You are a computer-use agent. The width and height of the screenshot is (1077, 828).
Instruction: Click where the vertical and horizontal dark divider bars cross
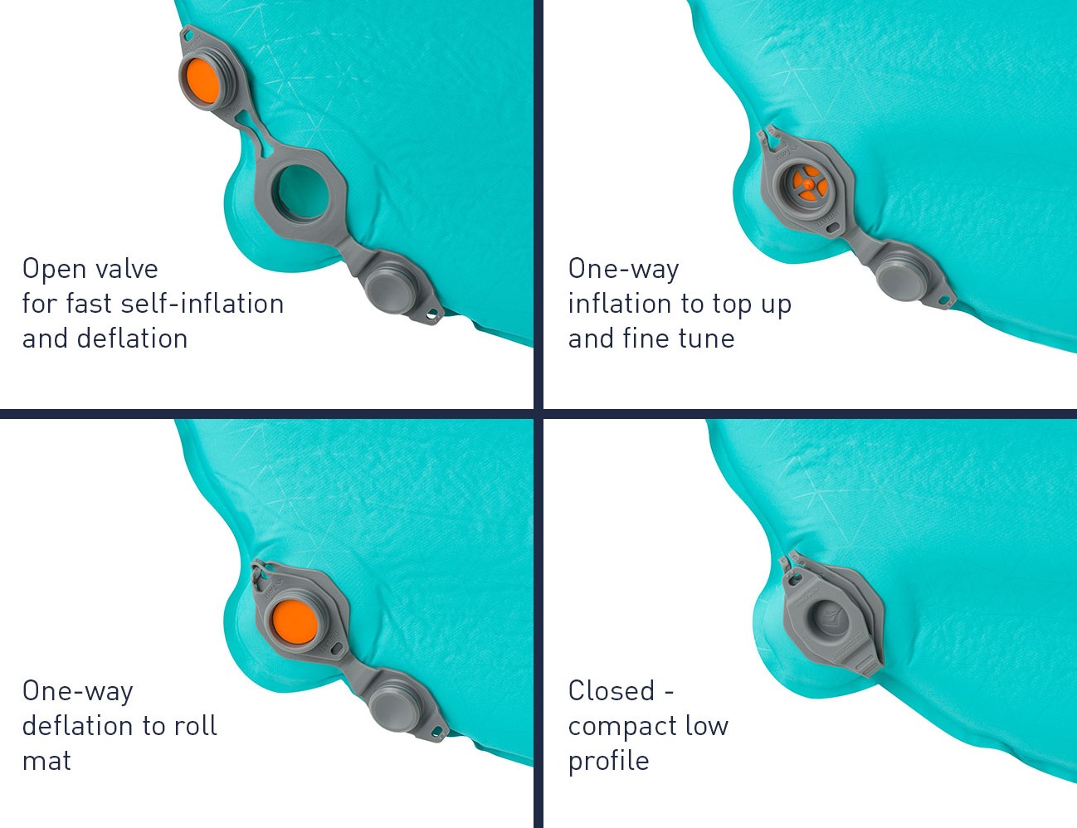point(538,414)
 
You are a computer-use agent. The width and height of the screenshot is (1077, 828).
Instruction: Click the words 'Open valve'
point(90,269)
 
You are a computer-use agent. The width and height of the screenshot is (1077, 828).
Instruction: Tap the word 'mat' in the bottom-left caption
point(46,761)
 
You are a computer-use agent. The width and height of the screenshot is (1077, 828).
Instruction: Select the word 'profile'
point(609,761)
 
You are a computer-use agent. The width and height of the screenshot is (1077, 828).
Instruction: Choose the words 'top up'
point(752,304)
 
